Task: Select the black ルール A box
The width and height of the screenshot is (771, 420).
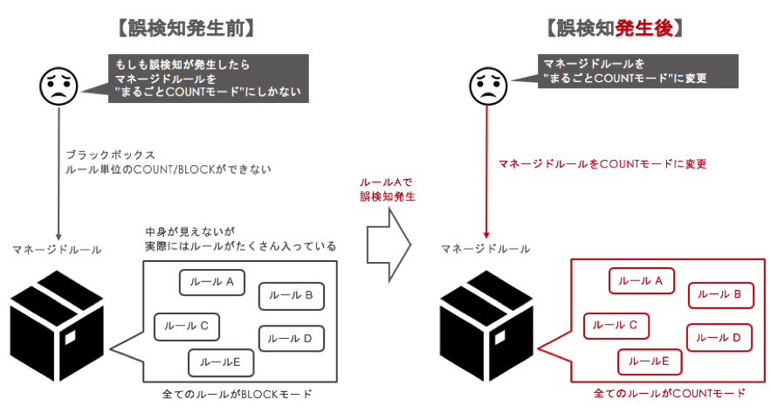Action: pyautogui.click(x=212, y=282)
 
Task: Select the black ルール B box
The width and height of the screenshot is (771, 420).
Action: pyautogui.click(x=291, y=295)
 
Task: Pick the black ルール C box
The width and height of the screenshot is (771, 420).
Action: pyautogui.click(x=186, y=326)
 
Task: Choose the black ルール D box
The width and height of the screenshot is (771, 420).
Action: pyautogui.click(x=291, y=338)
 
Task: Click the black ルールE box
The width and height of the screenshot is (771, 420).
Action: pyautogui.click(x=220, y=361)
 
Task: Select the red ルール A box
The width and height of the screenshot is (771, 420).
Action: pyautogui.click(x=641, y=281)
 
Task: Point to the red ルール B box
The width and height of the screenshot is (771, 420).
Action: pyautogui.click(x=719, y=295)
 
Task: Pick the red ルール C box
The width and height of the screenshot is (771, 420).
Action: pyautogui.click(x=616, y=325)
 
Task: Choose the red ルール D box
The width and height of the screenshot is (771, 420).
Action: pyautogui.click(x=719, y=337)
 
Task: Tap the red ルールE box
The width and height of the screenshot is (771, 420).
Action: pyautogui.click(x=650, y=361)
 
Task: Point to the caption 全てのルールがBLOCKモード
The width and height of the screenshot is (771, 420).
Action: pyautogui.click(x=237, y=395)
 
